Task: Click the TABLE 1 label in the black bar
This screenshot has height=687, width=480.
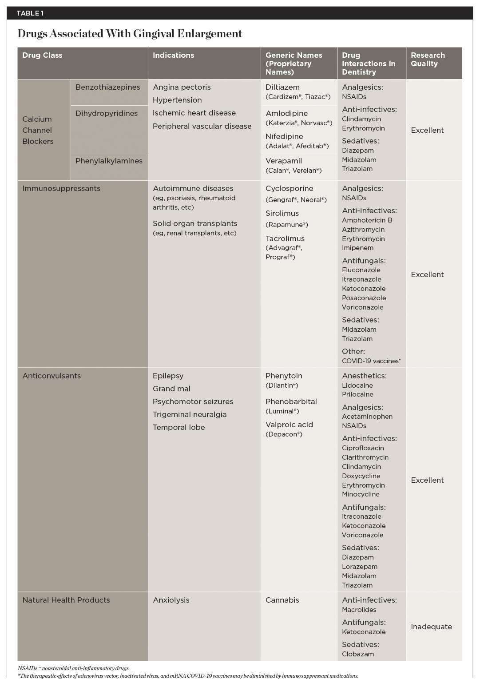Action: point(30,13)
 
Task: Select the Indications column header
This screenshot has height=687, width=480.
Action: point(173,56)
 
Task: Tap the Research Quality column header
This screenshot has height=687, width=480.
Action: point(428,60)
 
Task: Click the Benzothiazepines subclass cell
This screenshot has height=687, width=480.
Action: point(107,87)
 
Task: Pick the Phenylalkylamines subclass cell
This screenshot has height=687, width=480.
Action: point(109,161)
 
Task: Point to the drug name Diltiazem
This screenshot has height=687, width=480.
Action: point(282,87)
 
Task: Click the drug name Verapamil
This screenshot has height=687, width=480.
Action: point(283,161)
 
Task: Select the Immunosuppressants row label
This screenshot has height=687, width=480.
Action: point(61,189)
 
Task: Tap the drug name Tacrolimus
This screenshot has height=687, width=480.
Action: point(285,239)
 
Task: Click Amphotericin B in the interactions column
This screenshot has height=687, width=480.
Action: point(367,220)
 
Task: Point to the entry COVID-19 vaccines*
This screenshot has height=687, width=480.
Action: point(371,361)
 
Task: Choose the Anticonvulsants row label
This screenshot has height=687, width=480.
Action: point(52,376)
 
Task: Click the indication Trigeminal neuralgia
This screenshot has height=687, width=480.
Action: point(190,415)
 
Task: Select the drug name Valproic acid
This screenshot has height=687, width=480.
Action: point(289,425)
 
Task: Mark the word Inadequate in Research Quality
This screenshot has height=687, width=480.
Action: point(431,627)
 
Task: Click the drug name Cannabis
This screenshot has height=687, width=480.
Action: point(282,600)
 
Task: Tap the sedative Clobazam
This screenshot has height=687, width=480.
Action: point(358,654)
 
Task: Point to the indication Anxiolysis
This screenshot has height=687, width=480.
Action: point(171,600)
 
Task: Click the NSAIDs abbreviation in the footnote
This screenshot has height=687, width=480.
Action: point(27,668)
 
